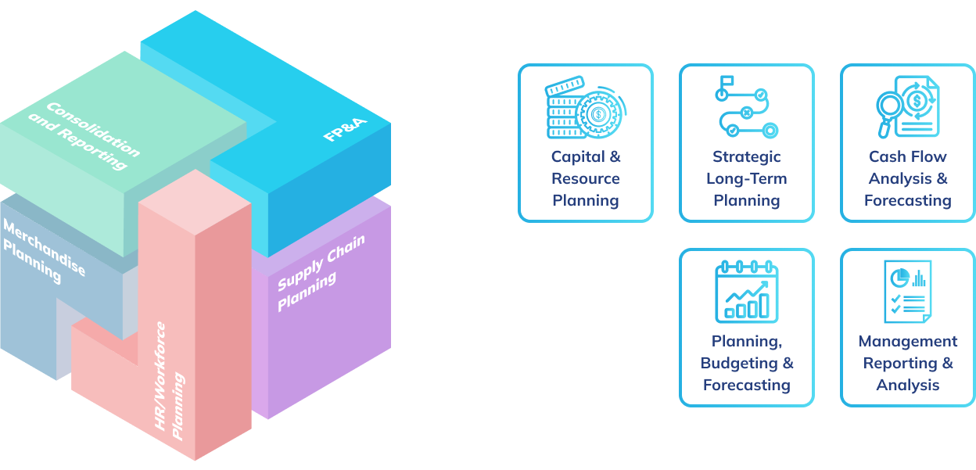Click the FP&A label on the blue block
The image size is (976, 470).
pyautogui.click(x=345, y=129)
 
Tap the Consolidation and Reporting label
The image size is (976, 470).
pyautogui.click(x=84, y=135)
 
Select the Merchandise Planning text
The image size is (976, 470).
pyautogui.click(x=44, y=251)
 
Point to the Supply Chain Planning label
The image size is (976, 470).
pyautogui.click(x=321, y=273)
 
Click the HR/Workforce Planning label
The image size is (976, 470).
pyautogui.click(x=170, y=382)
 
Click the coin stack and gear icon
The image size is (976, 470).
pyautogui.click(x=586, y=107)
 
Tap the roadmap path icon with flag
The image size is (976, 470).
pyautogui.click(x=746, y=107)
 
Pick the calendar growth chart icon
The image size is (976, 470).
pyautogui.click(x=746, y=292)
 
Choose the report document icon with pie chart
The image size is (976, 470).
pyautogui.click(x=908, y=292)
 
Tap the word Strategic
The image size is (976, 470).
pyautogui.click(x=746, y=157)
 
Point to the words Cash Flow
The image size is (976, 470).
pyautogui.click(x=908, y=156)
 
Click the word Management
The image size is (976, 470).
pyautogui.click(x=908, y=342)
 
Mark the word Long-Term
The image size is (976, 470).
pyautogui.click(x=746, y=179)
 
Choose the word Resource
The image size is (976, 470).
pyautogui.click(x=586, y=178)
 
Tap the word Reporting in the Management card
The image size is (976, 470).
pyautogui.click(x=900, y=364)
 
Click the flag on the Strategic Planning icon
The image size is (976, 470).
pyautogui.click(x=727, y=81)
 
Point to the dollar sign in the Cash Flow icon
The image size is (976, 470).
pyautogui.click(x=917, y=101)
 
